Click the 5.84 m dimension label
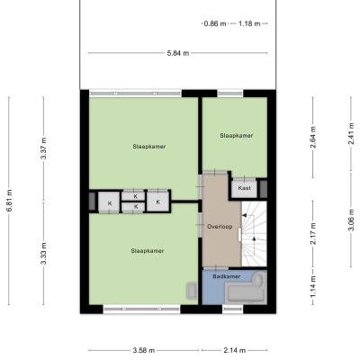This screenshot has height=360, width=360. (178, 53)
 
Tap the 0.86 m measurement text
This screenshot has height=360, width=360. (215, 23)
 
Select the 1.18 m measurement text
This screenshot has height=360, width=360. (249, 23)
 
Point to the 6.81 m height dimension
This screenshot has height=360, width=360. (9, 201)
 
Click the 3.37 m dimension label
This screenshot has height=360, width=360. (44, 148)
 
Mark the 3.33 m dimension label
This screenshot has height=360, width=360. (44, 254)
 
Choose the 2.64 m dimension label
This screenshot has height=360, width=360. (313, 137)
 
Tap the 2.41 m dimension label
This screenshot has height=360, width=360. (351, 133)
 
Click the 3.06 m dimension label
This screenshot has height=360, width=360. (351, 220)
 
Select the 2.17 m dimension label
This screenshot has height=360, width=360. (313, 233)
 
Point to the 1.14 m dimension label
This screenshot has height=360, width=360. (313, 287)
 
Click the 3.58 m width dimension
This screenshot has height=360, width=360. (144, 350)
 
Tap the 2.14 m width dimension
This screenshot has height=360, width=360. (235, 350)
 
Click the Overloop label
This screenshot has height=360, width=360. (220, 227)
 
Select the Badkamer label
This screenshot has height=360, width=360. (227, 276)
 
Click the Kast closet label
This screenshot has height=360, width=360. (244, 188)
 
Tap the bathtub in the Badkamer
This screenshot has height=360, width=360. (247, 287)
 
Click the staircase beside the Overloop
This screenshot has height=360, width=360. (254, 233)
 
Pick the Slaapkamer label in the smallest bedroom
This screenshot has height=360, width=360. (237, 136)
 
